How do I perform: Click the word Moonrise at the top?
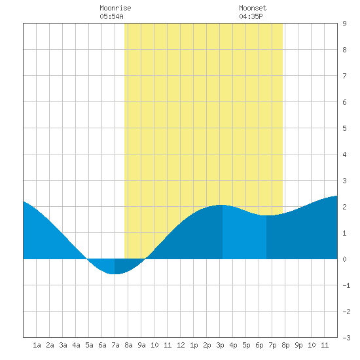[x=115, y=8]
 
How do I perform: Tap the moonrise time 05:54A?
[x=111, y=16]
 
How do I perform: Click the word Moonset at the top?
[x=253, y=8]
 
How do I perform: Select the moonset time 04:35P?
[x=251, y=16]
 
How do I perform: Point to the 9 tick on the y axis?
[x=344, y=24]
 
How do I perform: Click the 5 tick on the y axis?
[x=344, y=128]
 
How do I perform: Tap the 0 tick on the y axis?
[x=344, y=259]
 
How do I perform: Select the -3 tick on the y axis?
[x=346, y=338]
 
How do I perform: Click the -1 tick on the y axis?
[x=346, y=285]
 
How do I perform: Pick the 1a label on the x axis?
[x=37, y=345]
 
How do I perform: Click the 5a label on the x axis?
[x=89, y=345]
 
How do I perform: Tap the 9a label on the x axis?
[x=141, y=345]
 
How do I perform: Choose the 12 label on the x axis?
[x=181, y=345]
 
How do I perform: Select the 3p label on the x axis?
[x=220, y=345]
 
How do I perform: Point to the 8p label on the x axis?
[x=285, y=345]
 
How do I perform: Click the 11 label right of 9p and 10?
[x=325, y=345]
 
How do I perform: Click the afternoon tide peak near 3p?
[x=220, y=205]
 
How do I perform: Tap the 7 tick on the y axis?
[x=344, y=76]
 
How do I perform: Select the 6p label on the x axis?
[x=259, y=345]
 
